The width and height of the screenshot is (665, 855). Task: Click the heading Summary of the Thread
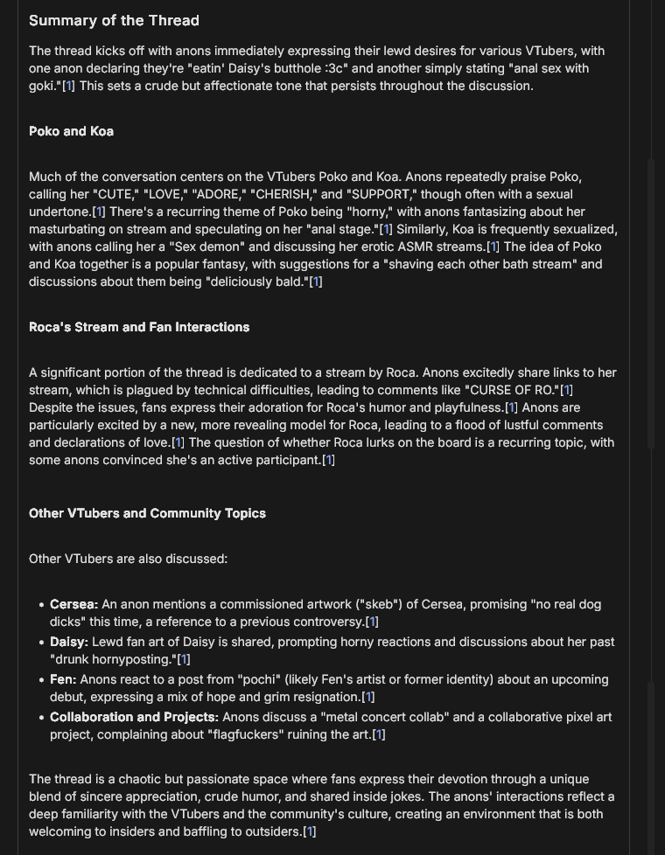coord(114,20)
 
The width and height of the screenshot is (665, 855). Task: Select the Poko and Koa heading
coord(71,131)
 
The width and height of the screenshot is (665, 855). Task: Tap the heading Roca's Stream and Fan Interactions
coord(139,327)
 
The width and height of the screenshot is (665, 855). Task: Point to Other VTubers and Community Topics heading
coord(147,513)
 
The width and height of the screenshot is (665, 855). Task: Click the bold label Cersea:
coord(73,604)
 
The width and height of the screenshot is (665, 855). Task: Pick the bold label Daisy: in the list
coord(69,642)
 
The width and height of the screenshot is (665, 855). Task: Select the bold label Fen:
coord(63,679)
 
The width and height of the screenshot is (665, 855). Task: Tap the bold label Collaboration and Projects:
coord(134,717)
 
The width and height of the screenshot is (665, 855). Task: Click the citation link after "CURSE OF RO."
coord(566,390)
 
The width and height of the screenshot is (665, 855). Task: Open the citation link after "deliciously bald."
coord(316,282)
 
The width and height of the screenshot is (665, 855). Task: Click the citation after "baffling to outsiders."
coord(309,831)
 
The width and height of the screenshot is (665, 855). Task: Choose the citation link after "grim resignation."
coord(368,697)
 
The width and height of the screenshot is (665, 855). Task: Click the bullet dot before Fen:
coord(41,679)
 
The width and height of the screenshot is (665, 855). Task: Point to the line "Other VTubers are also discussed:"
coord(128,559)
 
